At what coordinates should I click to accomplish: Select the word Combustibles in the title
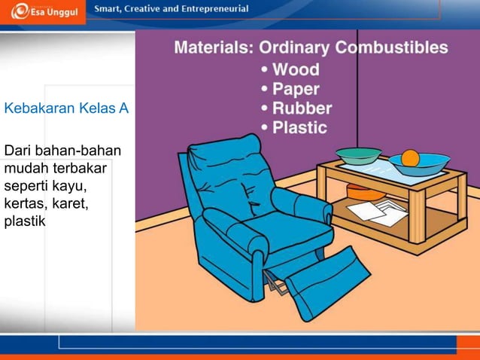click(x=391, y=47)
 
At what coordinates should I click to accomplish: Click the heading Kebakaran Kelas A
click(x=66, y=109)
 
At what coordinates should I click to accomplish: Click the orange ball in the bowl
click(x=410, y=158)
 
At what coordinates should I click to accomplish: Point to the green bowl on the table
click(x=358, y=155)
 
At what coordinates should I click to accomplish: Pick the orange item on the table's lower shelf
click(x=363, y=194)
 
